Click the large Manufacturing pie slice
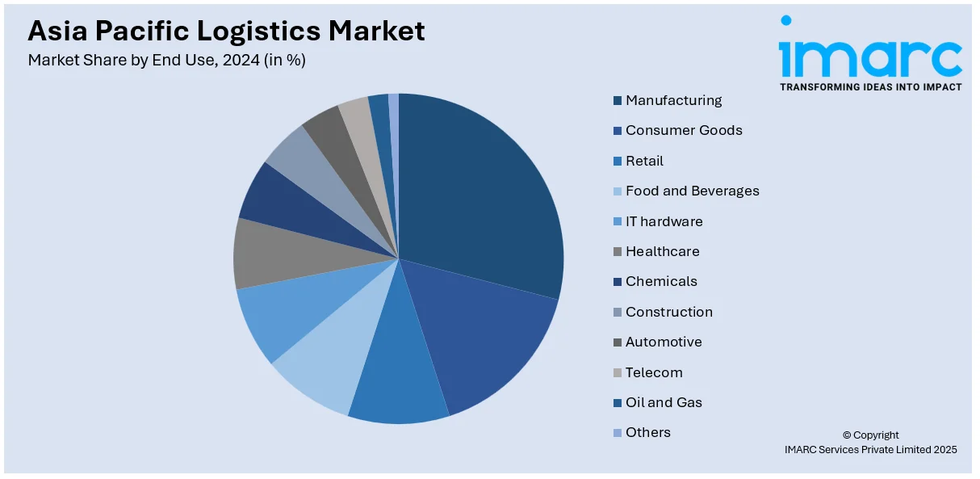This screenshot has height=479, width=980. coord(476,194)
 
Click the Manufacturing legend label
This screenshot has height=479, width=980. coord(673,100)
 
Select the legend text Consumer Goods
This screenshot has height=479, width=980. coord(684,130)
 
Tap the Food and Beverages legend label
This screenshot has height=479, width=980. coord(692,191)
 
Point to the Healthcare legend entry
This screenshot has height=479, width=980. coord(662,251)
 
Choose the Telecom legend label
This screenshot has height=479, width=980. coord(654,372)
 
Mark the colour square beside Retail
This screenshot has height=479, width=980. coord(618,161)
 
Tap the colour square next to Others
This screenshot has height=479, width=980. coord(618,433)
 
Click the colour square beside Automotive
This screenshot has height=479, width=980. coord(618,342)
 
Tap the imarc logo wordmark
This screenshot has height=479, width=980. coord(869,57)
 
